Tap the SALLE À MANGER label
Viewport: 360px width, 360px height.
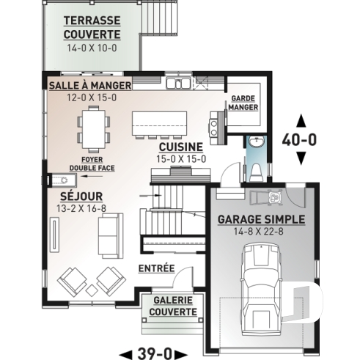(90, 86)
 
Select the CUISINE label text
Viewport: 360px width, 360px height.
(180, 147)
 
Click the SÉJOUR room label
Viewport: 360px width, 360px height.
(81, 196)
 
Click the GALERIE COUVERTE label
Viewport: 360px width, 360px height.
(174, 306)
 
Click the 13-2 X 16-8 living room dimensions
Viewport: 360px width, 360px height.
(81, 209)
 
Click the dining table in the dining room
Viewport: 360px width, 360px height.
(93, 125)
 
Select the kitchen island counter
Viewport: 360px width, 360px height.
(158, 122)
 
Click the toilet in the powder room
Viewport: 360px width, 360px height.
(254, 172)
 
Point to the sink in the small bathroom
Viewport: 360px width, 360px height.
(254, 142)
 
